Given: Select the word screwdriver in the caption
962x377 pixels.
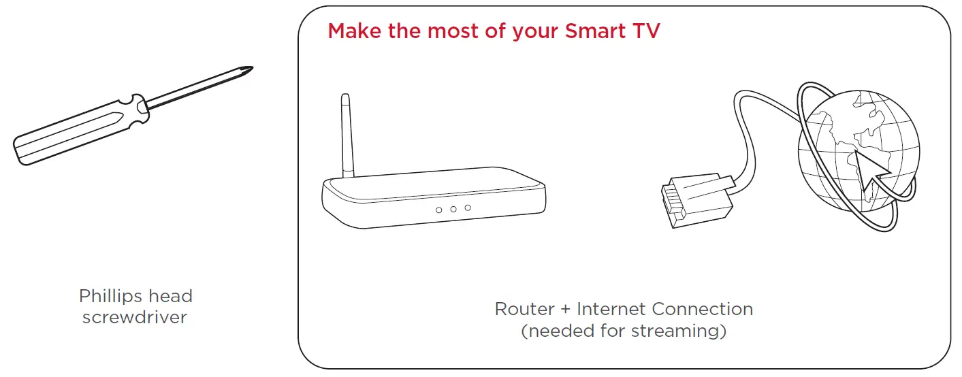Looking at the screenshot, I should pyautogui.click(x=134, y=317).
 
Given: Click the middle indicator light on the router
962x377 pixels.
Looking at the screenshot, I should pyautogui.click(x=453, y=209).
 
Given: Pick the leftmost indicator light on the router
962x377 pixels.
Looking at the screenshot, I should pyautogui.click(x=438, y=210).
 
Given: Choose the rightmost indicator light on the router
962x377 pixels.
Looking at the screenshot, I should pyautogui.click(x=468, y=207).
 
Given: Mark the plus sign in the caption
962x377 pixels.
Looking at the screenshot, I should pyautogui.click(x=566, y=310).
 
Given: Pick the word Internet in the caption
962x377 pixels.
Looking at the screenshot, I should pyautogui.click(x=611, y=310).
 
